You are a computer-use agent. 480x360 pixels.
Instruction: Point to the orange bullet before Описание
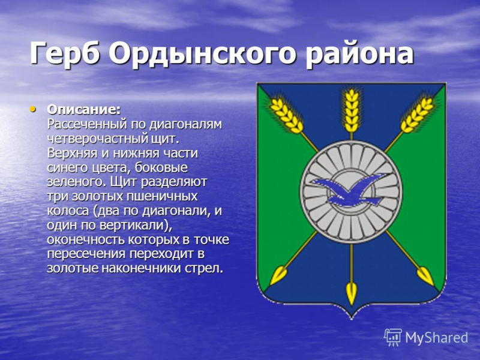click(33, 109)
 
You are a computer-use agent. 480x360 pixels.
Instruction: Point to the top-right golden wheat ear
click(417, 114)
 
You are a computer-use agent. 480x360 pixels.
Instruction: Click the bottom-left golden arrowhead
click(279, 275)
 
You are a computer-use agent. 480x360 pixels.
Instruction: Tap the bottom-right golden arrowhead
click(424, 275)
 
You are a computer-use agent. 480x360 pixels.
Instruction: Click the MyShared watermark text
click(436, 338)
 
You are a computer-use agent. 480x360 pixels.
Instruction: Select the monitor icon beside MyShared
click(393, 337)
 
